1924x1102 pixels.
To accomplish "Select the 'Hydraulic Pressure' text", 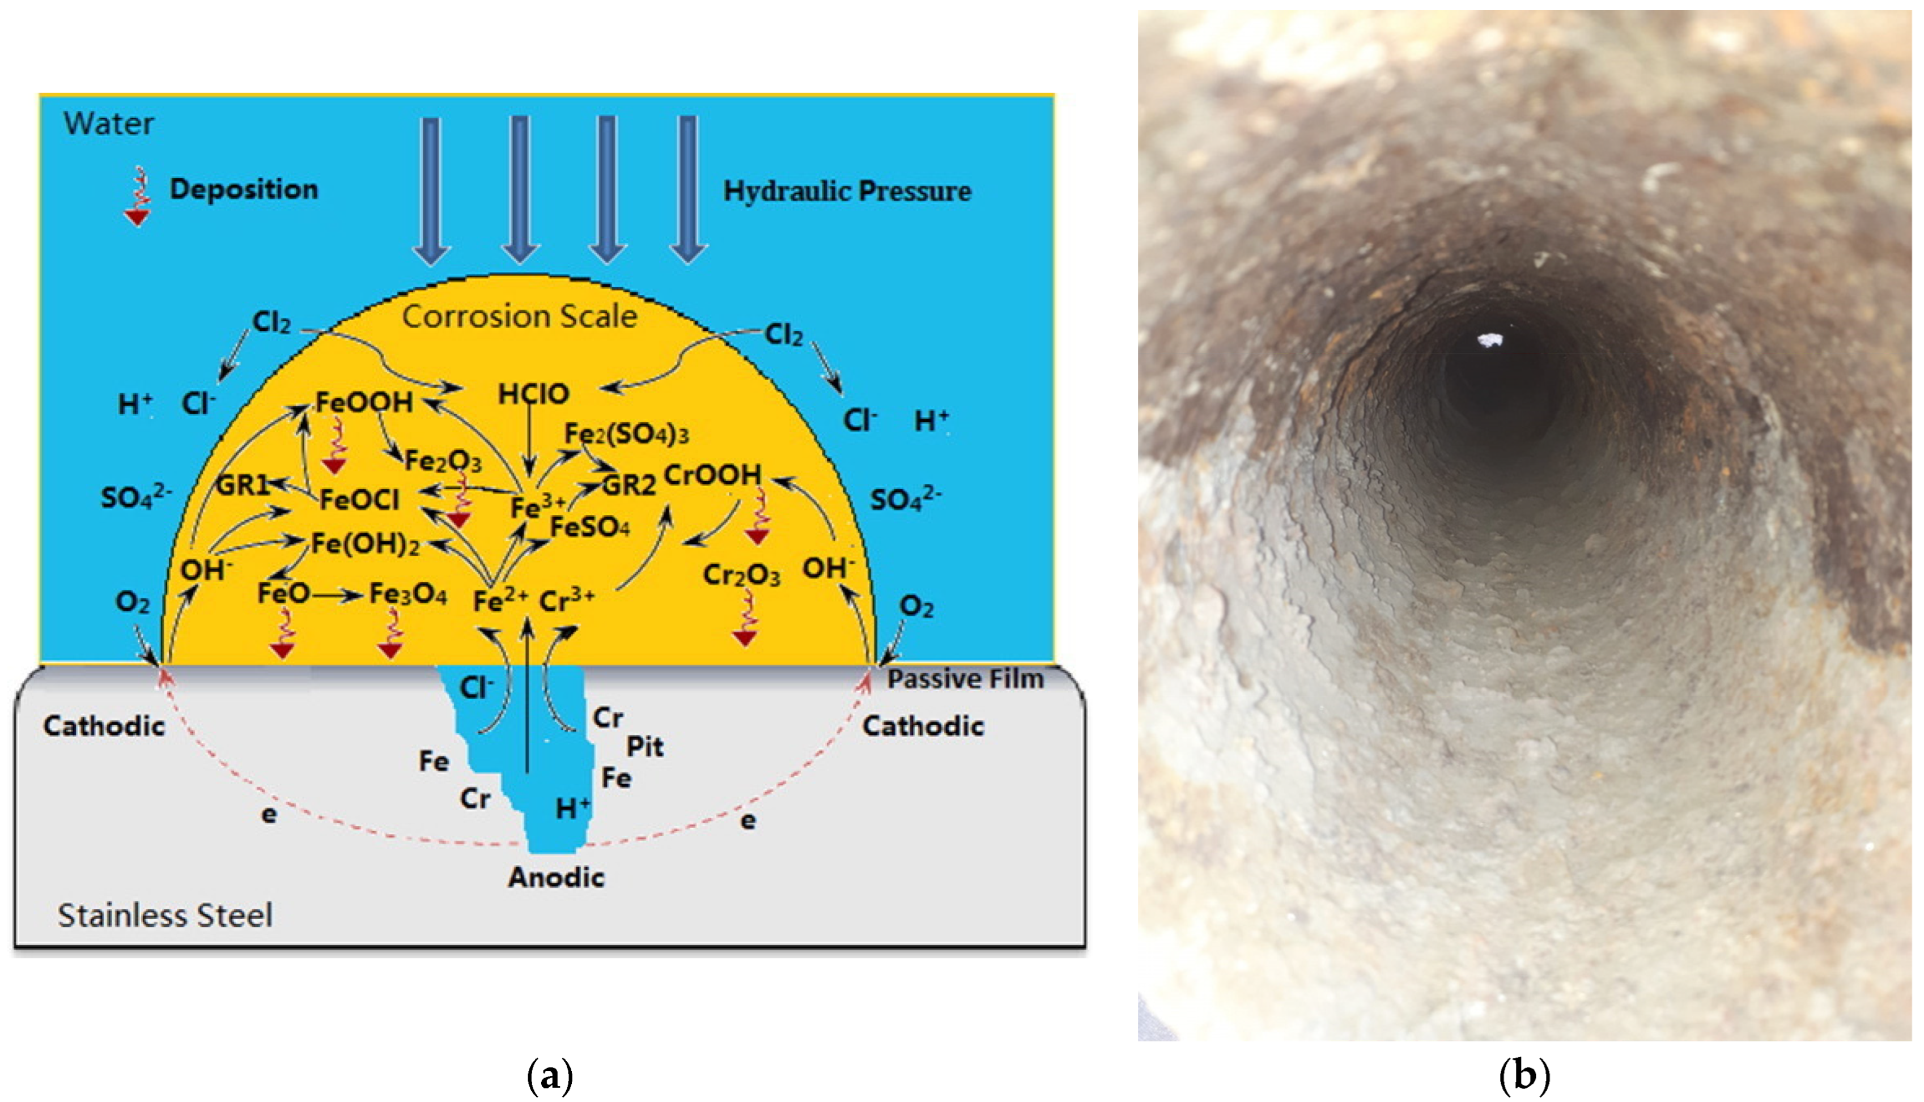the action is point(847,192).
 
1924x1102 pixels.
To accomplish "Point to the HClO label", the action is point(534,394).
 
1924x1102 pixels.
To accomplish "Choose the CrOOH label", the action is point(712,475).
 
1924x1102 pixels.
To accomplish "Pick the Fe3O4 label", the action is point(408,595).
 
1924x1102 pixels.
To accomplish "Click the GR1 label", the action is point(242,485).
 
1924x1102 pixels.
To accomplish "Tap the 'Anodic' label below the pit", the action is point(557,877).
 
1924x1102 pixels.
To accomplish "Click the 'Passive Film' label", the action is point(965,679).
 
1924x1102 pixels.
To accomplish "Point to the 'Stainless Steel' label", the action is point(165,916).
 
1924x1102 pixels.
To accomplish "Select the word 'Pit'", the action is point(645,747).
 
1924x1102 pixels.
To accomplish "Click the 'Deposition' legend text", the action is point(244,189).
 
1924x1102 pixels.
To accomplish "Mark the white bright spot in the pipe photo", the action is point(1489,341).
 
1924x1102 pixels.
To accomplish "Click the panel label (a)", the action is point(550,1075).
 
